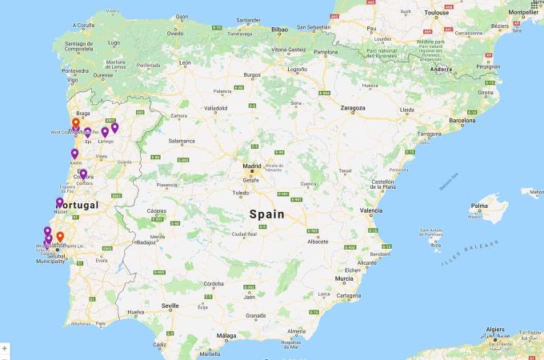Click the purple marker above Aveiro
74,153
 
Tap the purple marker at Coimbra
83,174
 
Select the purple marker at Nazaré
59,202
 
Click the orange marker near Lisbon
60,237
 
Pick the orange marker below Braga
76,123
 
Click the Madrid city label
251,166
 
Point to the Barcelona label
462,121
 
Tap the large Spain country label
266,214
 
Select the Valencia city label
371,210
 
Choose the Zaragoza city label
352,107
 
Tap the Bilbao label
279,29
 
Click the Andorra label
442,69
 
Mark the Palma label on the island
478,214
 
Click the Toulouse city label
436,14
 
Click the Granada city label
255,315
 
